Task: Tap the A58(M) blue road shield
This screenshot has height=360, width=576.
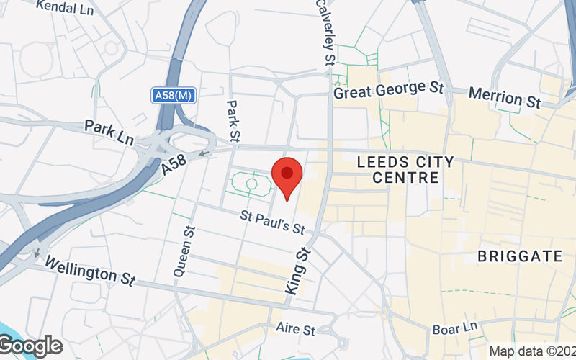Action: (174, 95)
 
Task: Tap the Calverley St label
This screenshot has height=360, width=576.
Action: (324, 32)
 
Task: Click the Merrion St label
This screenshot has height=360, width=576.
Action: (504, 98)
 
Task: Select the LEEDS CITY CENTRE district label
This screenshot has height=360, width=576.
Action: (406, 169)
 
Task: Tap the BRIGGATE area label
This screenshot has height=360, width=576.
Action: (520, 256)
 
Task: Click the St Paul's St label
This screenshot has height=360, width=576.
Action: (273, 222)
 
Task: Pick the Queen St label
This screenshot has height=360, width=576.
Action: (184, 252)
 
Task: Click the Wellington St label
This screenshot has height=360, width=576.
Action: (90, 271)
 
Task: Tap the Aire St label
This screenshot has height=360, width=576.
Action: (295, 328)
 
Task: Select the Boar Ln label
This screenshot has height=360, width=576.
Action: (455, 329)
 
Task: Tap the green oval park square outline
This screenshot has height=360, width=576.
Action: (251, 184)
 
